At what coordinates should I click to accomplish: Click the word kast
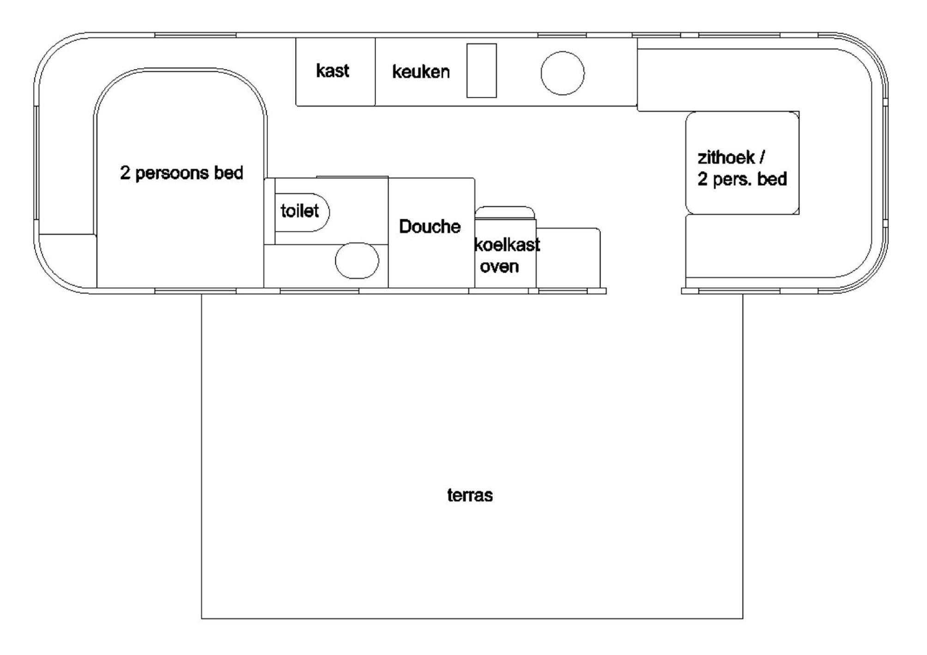333,71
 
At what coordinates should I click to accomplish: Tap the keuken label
421,72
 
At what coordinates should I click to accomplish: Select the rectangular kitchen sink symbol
481,71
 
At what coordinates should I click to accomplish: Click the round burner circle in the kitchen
563,73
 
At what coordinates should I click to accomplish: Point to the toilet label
300,211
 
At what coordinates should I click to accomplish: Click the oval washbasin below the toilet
357,261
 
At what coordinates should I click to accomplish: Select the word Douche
430,226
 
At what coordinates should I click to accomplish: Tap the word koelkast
507,245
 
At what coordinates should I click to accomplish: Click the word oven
499,267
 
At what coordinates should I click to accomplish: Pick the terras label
470,495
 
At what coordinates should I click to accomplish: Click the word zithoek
726,158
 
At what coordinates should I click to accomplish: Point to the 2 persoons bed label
182,173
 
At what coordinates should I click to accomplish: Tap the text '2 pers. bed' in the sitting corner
742,179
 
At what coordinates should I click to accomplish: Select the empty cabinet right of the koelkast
568,258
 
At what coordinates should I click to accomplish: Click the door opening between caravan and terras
644,291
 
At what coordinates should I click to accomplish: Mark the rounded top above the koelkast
505,212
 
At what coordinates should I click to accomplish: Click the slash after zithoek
762,157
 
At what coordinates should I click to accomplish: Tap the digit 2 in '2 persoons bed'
125,172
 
